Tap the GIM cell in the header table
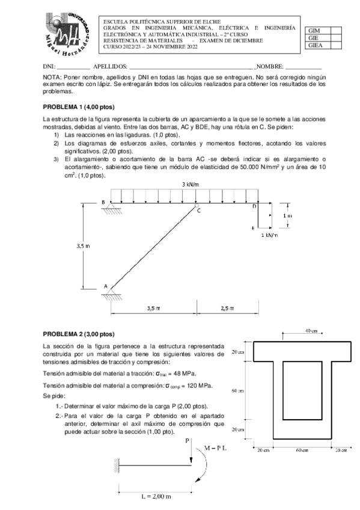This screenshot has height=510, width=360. (x=314, y=30)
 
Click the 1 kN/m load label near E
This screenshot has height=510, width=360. (x=270, y=235)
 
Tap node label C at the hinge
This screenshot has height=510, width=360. (x=199, y=211)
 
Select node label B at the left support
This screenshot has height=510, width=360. (x=103, y=202)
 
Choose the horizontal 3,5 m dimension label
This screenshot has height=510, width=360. (x=154, y=308)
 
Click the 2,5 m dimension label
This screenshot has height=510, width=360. (x=227, y=308)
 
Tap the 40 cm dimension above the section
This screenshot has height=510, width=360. (x=311, y=331)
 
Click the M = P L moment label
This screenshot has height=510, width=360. (x=215, y=448)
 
